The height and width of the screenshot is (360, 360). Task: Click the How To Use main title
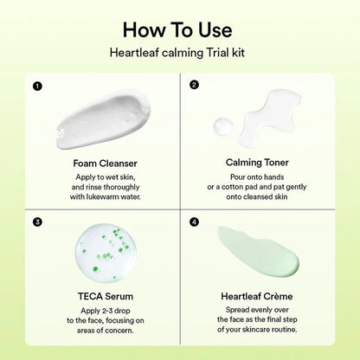pyautogui.click(x=180, y=29)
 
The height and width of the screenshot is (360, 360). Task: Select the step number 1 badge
pyautogui.click(x=37, y=86)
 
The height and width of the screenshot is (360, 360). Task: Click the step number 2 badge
pyautogui.click(x=194, y=86)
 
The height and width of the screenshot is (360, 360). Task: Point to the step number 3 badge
pyautogui.click(x=37, y=222)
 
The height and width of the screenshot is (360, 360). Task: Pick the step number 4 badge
pyautogui.click(x=194, y=222)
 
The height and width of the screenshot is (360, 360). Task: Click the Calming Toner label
pyautogui.click(x=257, y=162)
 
